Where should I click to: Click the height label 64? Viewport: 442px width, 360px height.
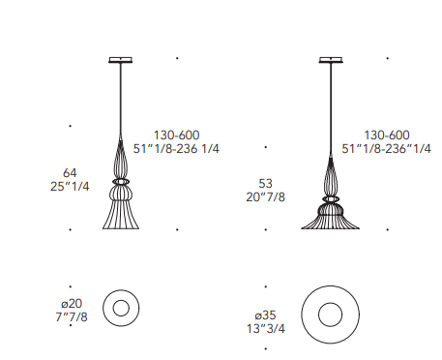(x=70, y=173)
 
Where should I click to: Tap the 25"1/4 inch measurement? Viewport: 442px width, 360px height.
(x=70, y=187)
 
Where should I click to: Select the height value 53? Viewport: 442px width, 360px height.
(x=265, y=184)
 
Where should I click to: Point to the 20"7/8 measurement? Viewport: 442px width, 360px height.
(x=265, y=197)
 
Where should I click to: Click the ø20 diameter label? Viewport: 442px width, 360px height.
(x=72, y=304)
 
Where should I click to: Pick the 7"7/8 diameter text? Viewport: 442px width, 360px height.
(x=72, y=317)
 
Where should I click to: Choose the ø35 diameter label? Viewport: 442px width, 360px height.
(x=265, y=315)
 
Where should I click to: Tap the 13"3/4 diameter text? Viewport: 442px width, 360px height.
(x=266, y=329)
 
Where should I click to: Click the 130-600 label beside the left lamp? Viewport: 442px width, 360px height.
(x=176, y=135)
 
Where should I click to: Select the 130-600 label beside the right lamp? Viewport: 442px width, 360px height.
(x=387, y=135)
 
